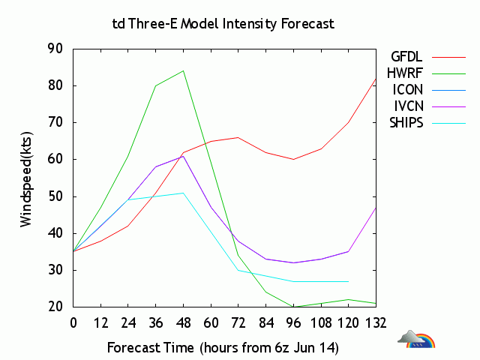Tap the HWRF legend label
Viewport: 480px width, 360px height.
click(406, 73)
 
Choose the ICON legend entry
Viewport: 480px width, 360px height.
click(407, 89)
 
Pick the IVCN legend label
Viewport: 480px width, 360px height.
click(407, 106)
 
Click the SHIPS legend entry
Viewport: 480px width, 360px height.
click(406, 122)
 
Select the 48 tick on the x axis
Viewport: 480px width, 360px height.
click(183, 322)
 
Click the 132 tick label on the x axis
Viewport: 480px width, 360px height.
click(376, 322)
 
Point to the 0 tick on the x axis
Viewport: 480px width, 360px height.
click(73, 322)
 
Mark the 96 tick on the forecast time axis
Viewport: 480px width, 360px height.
click(293, 322)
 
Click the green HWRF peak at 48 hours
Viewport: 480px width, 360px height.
click(183, 70)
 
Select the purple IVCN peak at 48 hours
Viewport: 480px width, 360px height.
click(183, 156)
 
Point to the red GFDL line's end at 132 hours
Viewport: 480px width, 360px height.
click(376, 78)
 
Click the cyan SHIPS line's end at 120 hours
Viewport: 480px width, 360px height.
click(349, 281)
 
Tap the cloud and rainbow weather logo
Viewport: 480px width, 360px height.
click(416, 340)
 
